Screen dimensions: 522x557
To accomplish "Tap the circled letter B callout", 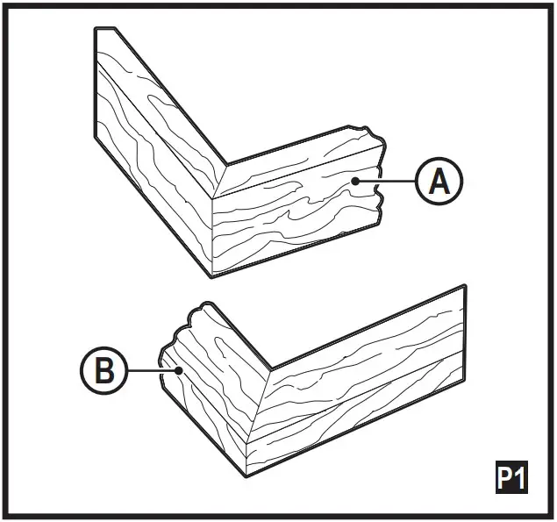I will tap(104, 371).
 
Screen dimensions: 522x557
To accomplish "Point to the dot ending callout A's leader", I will tap(354, 181).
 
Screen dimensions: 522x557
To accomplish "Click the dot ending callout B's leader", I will tap(178, 371).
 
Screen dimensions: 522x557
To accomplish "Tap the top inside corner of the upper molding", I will tap(225, 165).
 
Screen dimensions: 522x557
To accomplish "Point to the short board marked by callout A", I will tap(298, 211).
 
